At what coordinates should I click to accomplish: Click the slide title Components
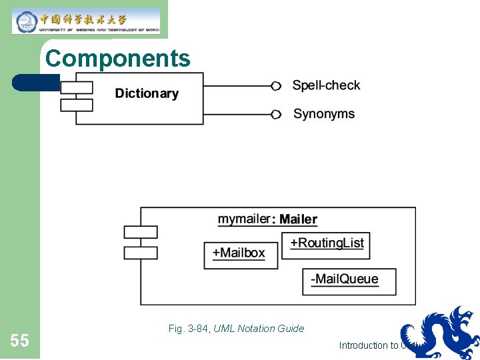117,59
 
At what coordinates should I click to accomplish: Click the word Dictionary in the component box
147,93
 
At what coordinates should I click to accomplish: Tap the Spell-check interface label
326,85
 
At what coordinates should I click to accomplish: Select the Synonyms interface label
324,114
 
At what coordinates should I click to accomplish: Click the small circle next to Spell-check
276,85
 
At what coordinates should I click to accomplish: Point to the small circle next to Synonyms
276,114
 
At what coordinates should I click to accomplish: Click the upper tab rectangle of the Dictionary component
76,87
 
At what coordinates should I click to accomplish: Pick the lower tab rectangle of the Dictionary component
76,105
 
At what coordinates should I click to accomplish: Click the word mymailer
244,219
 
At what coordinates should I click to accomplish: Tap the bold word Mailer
298,219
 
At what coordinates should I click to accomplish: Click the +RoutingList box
326,244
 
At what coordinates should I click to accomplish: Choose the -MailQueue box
349,281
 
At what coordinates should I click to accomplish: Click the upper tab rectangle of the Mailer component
141,232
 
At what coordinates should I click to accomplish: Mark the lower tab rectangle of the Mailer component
141,253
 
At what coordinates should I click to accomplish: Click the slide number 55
19,341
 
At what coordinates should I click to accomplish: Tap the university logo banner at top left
86,21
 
